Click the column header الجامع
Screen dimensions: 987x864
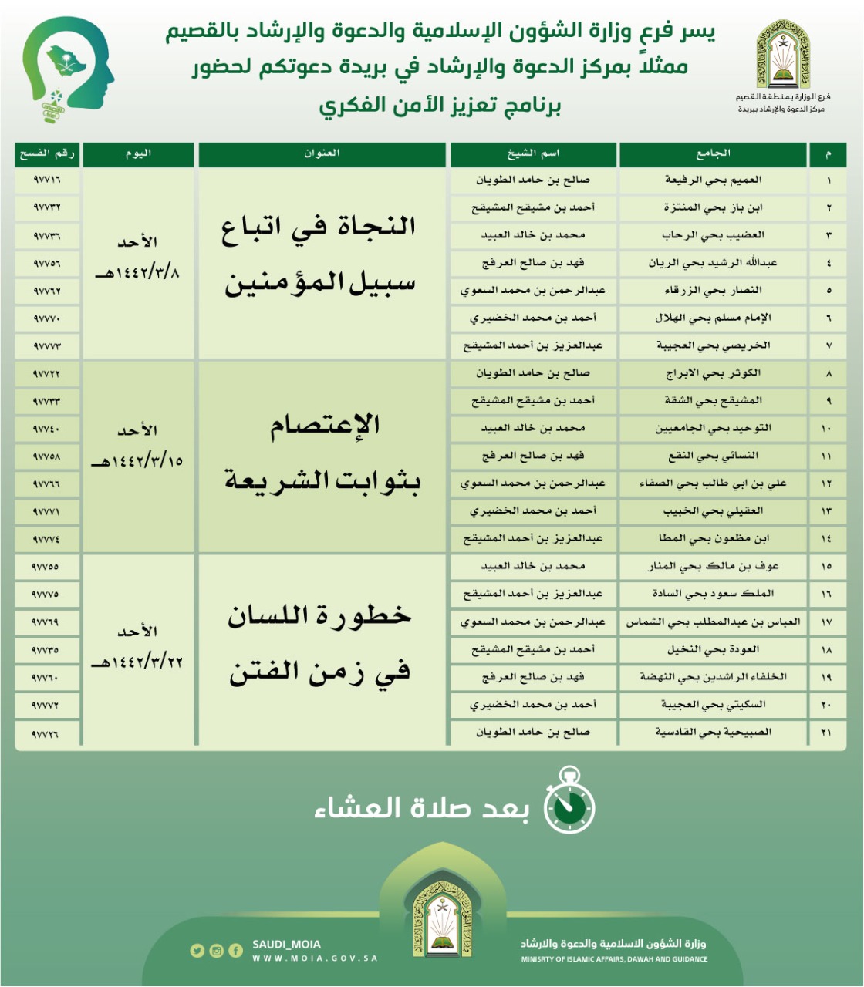pyautogui.click(x=713, y=153)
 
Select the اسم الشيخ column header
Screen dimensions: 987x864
pyautogui.click(x=533, y=153)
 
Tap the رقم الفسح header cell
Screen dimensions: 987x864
pyautogui.click(x=47, y=153)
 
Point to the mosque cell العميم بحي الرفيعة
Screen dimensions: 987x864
pyautogui.click(x=713, y=180)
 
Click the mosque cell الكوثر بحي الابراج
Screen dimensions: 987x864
pyautogui.click(x=713, y=373)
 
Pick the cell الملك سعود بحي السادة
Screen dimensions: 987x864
pyautogui.click(x=713, y=594)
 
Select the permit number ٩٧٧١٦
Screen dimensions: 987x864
pyautogui.click(x=47, y=180)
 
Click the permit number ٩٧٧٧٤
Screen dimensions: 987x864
pyautogui.click(x=47, y=539)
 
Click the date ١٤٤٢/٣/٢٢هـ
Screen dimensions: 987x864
pyautogui.click(x=137, y=662)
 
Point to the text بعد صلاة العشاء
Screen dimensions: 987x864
pyautogui.click(x=422, y=808)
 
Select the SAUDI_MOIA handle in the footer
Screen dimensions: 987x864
pyautogui.click(x=286, y=945)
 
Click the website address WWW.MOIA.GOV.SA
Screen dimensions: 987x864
pyautogui.click(x=315, y=958)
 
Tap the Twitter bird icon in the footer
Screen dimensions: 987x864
pyautogui.click(x=197, y=951)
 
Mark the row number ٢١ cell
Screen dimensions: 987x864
pyautogui.click(x=826, y=733)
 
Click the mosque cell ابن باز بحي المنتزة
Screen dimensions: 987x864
pyautogui.click(x=713, y=207)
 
